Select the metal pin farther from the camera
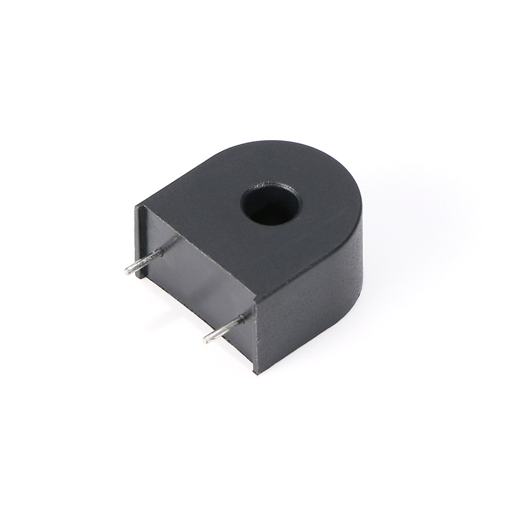pos(144,261)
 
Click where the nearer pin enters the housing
pos(243,320)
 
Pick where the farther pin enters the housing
pos(160,252)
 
